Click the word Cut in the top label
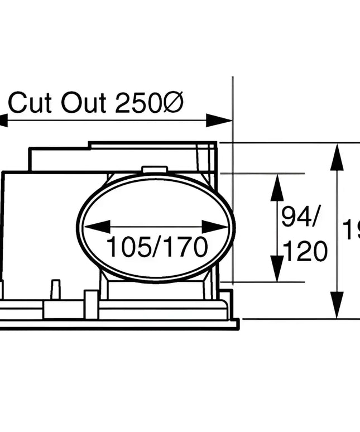(31, 103)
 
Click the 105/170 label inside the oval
(157, 247)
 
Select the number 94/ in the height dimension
(299, 217)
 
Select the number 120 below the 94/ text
(305, 253)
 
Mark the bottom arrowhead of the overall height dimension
(337, 305)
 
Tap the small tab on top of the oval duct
(155, 170)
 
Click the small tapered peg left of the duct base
(55, 290)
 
